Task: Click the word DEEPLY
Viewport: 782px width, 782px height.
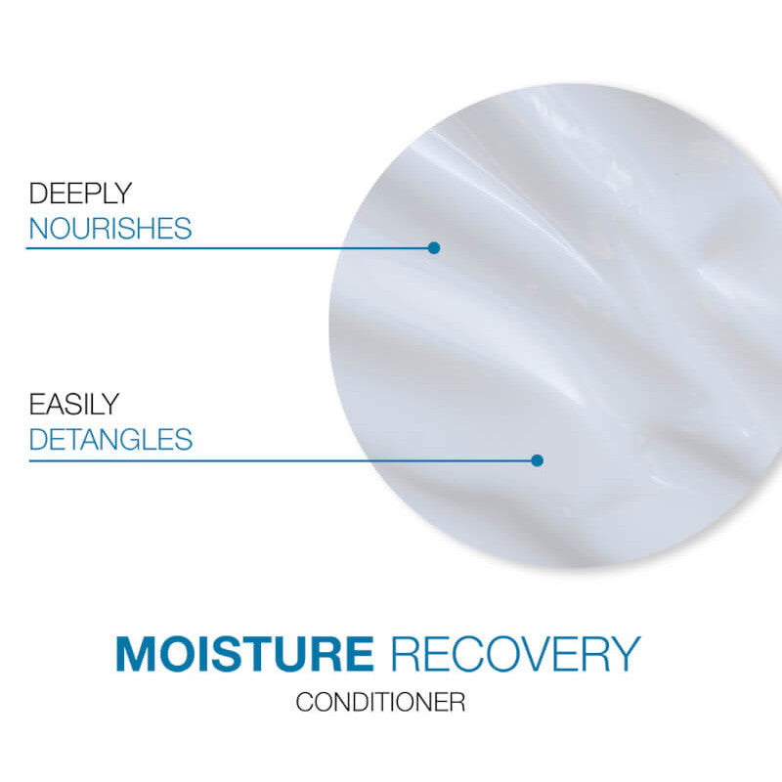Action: pos(80,194)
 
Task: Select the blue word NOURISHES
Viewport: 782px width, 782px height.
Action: pos(109,230)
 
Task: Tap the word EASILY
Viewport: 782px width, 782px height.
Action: pos(73,404)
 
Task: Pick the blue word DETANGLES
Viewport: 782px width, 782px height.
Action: pos(110,439)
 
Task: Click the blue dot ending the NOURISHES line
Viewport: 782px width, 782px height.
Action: pos(434,247)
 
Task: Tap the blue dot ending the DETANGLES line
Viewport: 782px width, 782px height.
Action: pos(537,459)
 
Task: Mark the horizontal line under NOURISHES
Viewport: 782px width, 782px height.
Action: pos(225,248)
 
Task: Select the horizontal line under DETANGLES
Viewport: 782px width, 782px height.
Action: pos(274,460)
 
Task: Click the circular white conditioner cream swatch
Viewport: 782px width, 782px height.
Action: pos(557,323)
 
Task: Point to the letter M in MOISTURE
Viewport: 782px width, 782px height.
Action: pos(137,655)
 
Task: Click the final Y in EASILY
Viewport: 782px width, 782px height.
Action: pos(110,404)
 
